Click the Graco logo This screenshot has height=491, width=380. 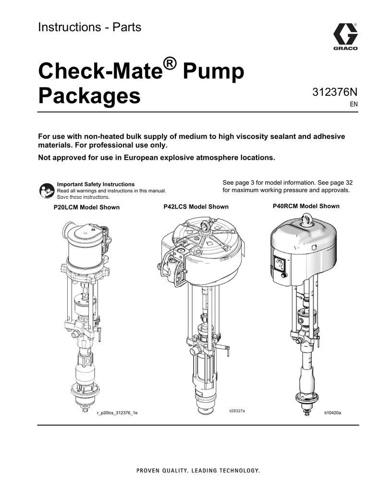click(345, 37)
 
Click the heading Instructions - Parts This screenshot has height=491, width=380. click(89, 27)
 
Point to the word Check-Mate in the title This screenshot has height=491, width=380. click(98, 72)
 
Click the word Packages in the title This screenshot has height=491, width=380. click(89, 95)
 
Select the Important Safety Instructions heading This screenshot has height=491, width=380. click(96, 184)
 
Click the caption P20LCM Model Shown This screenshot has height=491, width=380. click(86, 207)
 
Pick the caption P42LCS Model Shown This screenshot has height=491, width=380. click(196, 207)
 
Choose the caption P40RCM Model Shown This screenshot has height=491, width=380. click(306, 206)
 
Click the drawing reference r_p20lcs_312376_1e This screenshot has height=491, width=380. click(117, 413)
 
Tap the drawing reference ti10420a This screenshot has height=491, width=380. click(332, 412)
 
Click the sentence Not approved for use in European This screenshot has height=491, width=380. click(156, 157)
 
